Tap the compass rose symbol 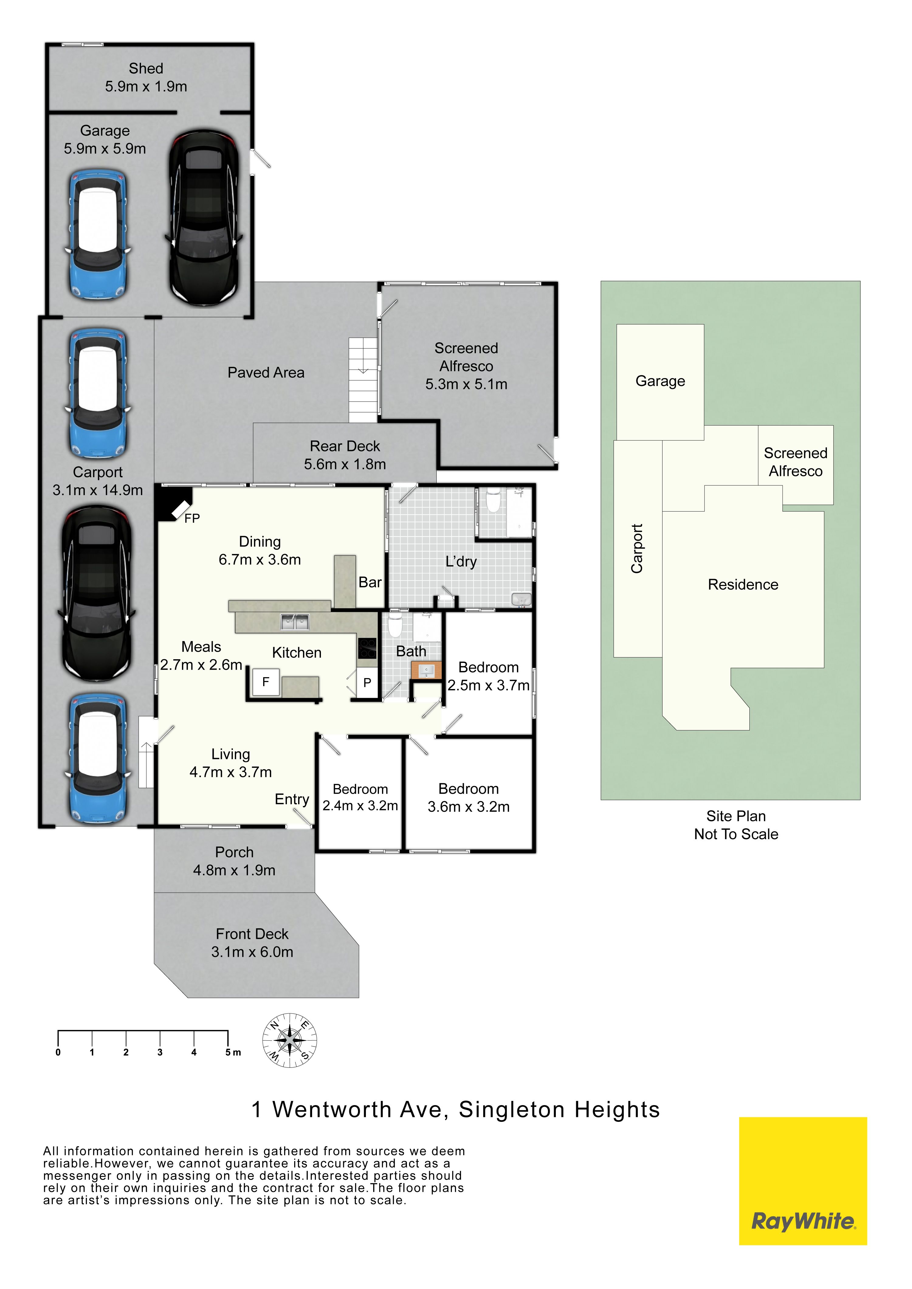coord(290,1041)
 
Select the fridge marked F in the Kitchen coord(266,682)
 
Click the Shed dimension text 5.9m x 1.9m coord(146,87)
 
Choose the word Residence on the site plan coord(743,585)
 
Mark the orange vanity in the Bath coord(426,670)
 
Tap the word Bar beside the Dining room coord(370,582)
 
